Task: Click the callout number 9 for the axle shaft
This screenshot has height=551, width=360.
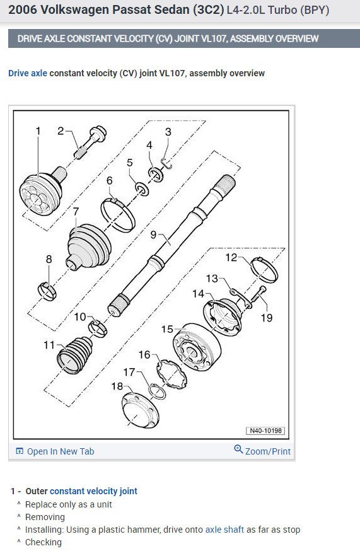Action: [153, 235]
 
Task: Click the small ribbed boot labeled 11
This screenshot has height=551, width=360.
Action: [75, 355]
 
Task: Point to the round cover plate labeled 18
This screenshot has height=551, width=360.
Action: [140, 410]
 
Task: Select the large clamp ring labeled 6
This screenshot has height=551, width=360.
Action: [118, 214]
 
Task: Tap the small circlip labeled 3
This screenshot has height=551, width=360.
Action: [166, 163]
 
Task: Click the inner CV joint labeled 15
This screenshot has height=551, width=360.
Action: [197, 347]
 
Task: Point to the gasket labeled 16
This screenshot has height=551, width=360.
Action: [171, 374]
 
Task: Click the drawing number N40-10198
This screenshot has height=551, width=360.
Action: [265, 431]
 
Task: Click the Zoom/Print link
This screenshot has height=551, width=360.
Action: [268, 451]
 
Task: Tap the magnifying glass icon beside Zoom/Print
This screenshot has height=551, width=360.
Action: [238, 449]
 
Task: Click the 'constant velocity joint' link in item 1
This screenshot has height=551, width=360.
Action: [93, 491]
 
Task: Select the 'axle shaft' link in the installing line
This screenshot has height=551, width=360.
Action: [224, 530]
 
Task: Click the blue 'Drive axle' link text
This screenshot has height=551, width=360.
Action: [27, 73]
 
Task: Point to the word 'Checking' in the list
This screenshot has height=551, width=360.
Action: [44, 542]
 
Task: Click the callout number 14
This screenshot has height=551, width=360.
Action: [198, 293]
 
